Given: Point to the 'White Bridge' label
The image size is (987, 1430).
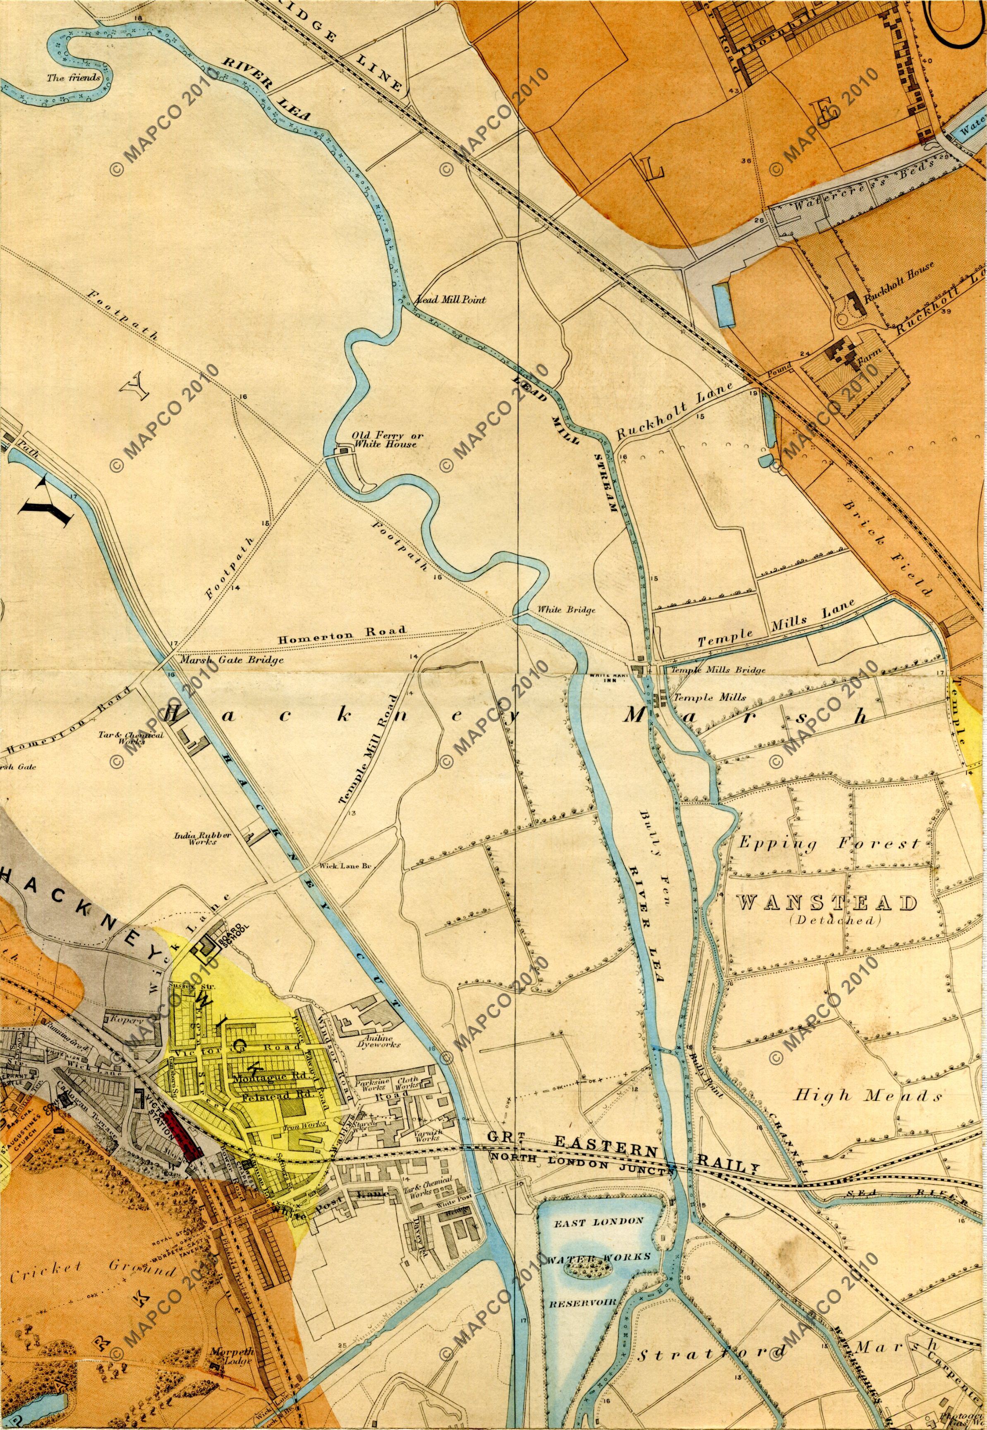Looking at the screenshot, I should pyautogui.click(x=566, y=610).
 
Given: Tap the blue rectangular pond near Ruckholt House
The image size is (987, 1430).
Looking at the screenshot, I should pyautogui.click(x=723, y=305).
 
